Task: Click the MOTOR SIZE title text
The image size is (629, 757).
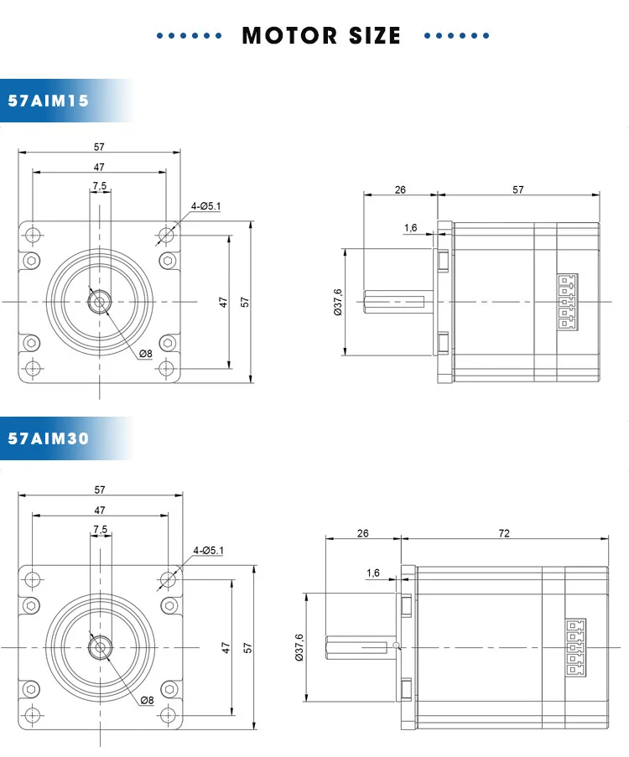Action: click(x=321, y=36)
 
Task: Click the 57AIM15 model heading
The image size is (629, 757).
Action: click(x=48, y=101)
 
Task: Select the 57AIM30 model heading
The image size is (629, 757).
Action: click(x=48, y=438)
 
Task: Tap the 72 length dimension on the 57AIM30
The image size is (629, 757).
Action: click(x=503, y=533)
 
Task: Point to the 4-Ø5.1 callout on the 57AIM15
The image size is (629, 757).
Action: click(x=205, y=205)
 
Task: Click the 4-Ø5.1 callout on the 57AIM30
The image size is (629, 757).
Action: click(x=209, y=550)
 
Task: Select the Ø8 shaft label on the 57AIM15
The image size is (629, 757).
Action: click(x=145, y=354)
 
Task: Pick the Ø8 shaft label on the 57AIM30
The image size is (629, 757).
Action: click(x=146, y=700)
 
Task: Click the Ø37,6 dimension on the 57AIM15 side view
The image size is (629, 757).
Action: click(x=338, y=302)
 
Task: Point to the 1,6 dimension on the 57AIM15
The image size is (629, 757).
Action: click(x=410, y=228)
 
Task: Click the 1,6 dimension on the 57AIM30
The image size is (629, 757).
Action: click(x=372, y=573)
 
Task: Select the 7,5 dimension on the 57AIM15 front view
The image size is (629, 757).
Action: click(x=100, y=185)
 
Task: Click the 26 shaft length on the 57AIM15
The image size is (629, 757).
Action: click(x=400, y=189)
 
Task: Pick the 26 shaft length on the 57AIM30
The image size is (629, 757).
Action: click(x=362, y=533)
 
